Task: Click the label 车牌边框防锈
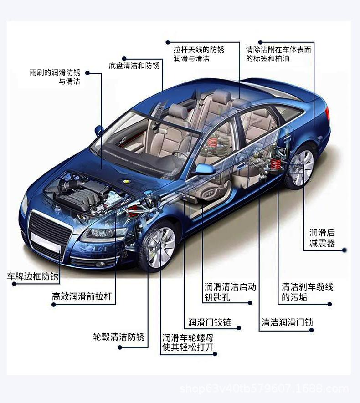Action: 33,276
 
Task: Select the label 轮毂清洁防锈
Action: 118,337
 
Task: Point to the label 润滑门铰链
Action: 210,323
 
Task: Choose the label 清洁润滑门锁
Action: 287,323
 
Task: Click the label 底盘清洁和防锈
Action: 134,66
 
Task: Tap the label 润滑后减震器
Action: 322,238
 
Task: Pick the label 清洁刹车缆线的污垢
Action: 307,292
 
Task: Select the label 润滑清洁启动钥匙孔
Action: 230,292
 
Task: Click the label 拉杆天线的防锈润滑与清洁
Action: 199,54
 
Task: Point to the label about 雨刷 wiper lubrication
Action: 55,77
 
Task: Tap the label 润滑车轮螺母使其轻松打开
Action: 188,343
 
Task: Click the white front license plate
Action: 45,242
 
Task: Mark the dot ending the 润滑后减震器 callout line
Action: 345,250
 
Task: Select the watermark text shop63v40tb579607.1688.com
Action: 264,389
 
